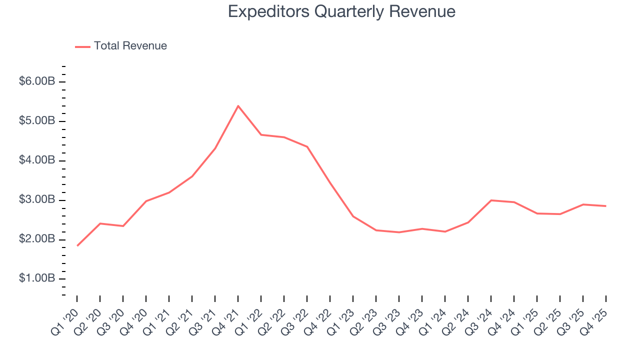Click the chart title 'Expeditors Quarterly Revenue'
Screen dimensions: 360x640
(x=341, y=11)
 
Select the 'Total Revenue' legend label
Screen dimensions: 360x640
(x=130, y=46)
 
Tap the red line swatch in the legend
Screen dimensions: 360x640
(x=82, y=46)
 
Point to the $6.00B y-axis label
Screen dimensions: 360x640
(x=36, y=81)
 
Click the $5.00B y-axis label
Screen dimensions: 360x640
(x=36, y=121)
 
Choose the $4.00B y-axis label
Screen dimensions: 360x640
(x=36, y=160)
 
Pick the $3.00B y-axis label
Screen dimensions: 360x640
(x=36, y=200)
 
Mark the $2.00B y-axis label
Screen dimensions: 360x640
(x=36, y=239)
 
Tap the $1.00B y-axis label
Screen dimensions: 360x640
(x=36, y=279)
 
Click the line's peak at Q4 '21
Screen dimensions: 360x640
(x=238, y=106)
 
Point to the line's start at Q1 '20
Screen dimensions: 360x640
(x=77, y=245)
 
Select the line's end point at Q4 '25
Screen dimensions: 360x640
(x=606, y=206)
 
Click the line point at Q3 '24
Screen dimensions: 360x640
(x=491, y=200)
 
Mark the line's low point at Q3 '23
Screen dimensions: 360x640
(x=399, y=232)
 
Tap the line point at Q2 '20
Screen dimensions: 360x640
(x=100, y=223)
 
